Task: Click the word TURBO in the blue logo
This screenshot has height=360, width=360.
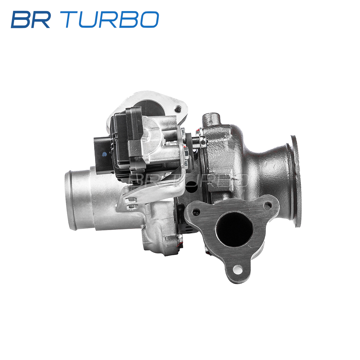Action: [x=112, y=19]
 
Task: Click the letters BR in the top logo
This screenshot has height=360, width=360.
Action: [x=31, y=19]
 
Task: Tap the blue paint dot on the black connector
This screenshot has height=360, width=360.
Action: [x=104, y=154]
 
